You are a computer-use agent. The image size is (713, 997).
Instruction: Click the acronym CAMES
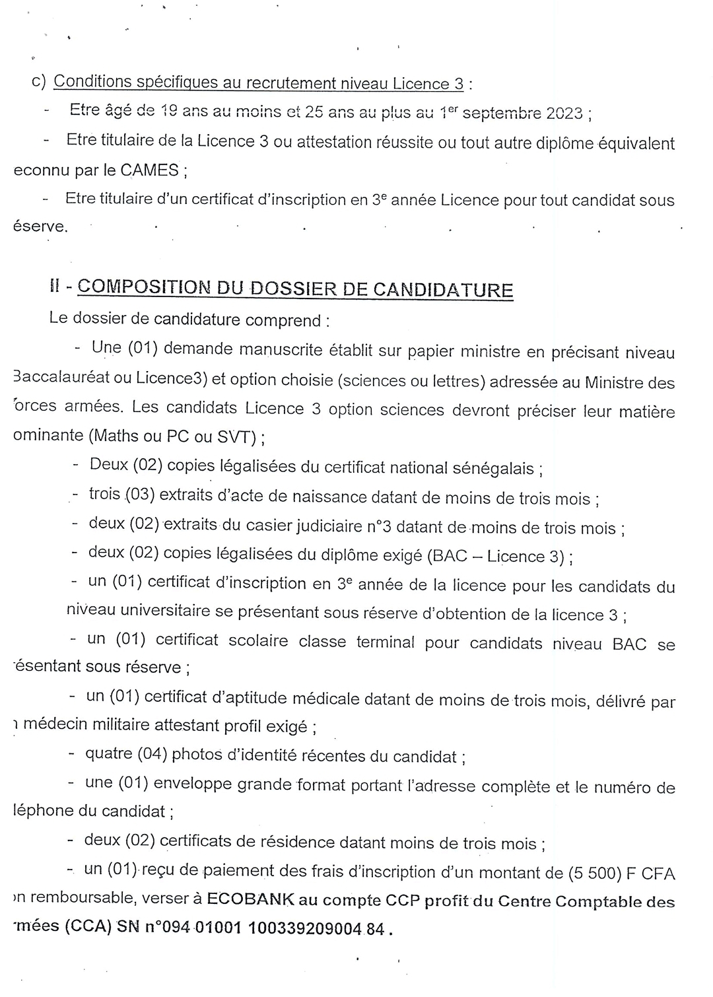149,170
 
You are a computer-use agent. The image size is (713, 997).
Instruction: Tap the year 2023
564,113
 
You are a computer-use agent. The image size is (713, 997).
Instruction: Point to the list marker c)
38,82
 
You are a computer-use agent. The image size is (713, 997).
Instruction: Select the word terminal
386,641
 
